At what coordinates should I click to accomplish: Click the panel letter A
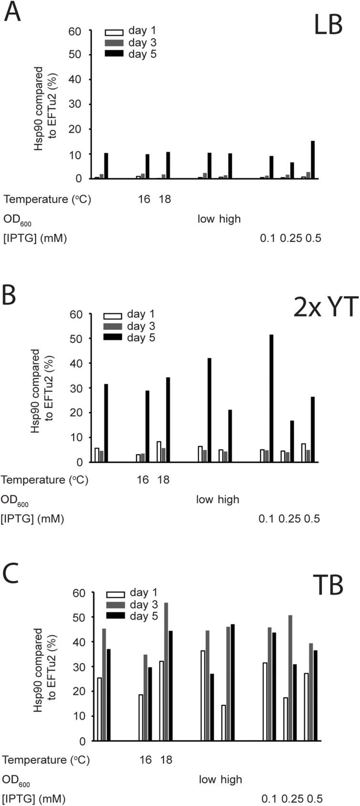(12, 13)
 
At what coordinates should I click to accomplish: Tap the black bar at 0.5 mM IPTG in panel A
(313, 159)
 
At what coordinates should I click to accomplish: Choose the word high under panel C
(232, 779)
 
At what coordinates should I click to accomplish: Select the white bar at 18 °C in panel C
(161, 701)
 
